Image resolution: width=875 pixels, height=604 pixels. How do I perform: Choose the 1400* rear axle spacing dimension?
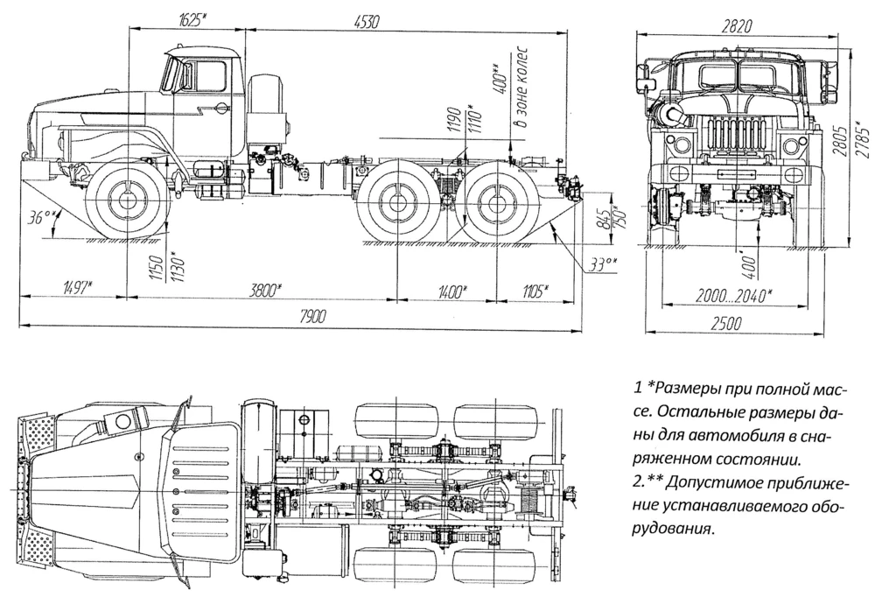pos(451,291)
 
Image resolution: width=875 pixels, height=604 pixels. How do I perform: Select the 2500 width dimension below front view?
pos(726,324)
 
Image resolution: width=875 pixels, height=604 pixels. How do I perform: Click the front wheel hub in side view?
pos(126,203)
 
